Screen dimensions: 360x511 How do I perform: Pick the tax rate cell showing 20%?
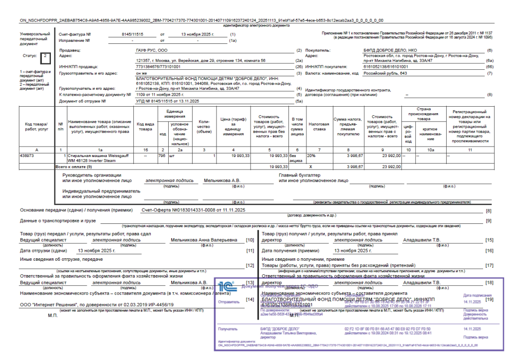[311, 155]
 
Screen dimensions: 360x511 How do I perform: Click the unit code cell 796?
[161, 155]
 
